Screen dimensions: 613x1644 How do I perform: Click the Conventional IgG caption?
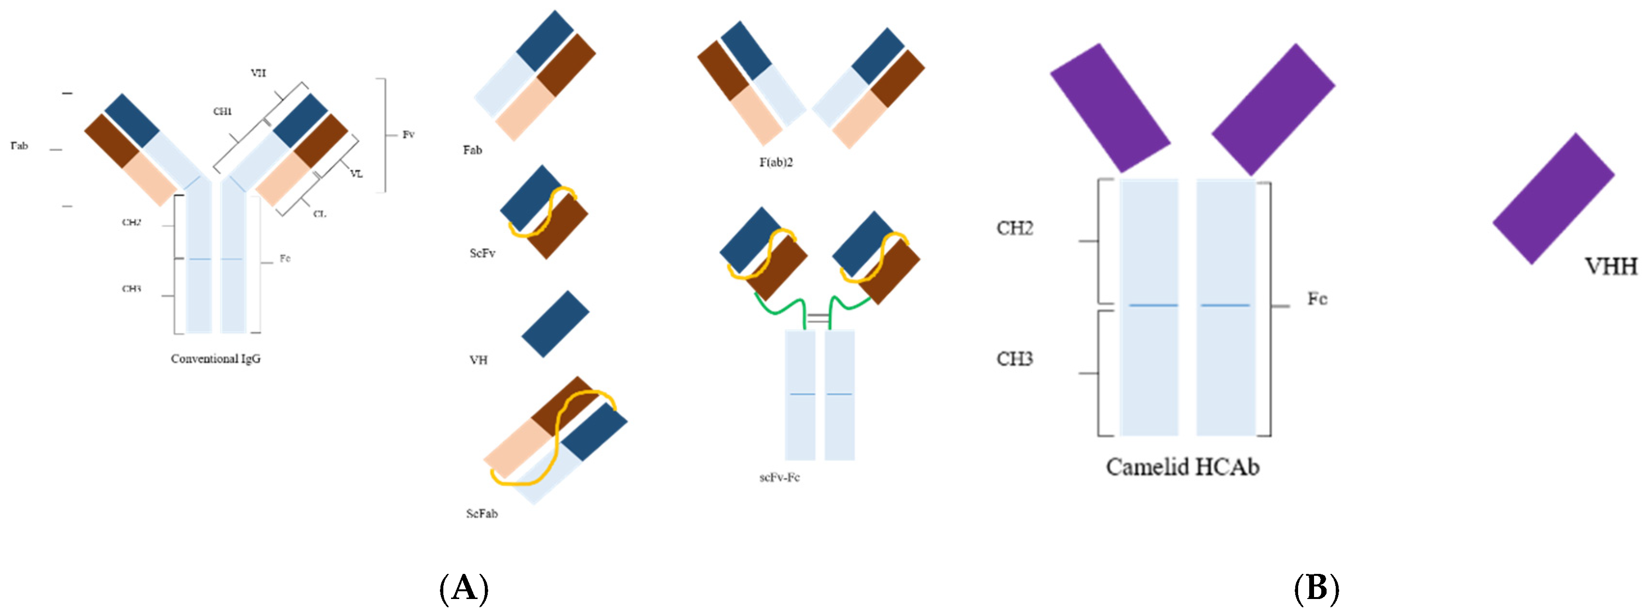click(x=216, y=359)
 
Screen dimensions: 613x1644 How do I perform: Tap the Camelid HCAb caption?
click(x=1182, y=467)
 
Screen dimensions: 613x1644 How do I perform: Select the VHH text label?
click(x=1611, y=266)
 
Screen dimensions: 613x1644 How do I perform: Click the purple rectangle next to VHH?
click(x=1553, y=198)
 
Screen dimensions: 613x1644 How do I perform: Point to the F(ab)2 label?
click(x=776, y=162)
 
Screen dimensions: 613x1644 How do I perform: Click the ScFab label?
click(x=482, y=514)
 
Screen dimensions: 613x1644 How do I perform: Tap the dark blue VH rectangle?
click(x=555, y=324)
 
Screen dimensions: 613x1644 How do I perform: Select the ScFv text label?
click(x=482, y=253)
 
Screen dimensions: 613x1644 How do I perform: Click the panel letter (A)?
click(x=464, y=587)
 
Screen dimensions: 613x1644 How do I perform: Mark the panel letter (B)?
click(x=1316, y=587)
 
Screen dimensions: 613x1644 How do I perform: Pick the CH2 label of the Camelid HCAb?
click(x=1015, y=228)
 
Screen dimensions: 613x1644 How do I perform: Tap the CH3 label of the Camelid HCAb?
click(x=1015, y=359)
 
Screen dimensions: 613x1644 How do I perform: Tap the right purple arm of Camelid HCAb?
click(x=1273, y=109)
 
